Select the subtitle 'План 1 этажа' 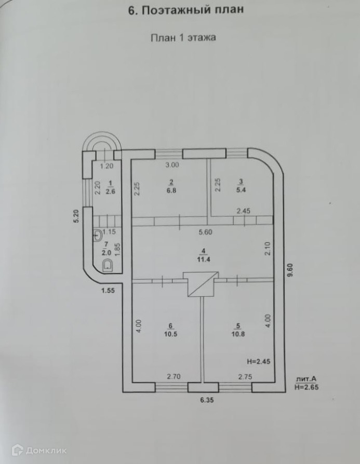pos(183,37)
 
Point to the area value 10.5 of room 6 pos(158,334)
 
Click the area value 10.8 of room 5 pos(238,334)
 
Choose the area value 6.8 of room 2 pos(171,190)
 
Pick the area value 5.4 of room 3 pos(241,190)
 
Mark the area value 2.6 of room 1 pos(111,190)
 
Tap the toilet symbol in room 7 pos(108,266)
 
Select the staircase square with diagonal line pos(200,284)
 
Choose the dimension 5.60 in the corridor pos(202,233)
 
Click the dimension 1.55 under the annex pos(108,292)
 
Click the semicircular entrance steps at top pos(103,142)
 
